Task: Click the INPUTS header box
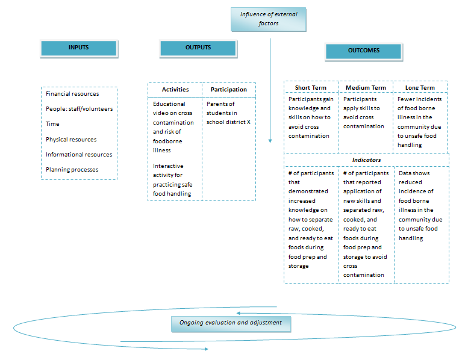(78, 48)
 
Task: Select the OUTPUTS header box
(198, 48)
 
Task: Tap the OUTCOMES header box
(364, 51)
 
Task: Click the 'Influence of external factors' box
(269, 19)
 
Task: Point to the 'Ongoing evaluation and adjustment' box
(231, 323)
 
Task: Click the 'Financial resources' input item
(72, 94)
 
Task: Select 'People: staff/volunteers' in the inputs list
(79, 109)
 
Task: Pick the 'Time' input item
(52, 124)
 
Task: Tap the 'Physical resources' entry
(71, 140)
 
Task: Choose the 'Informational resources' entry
(79, 155)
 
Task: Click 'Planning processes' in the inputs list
(72, 170)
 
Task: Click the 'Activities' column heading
(175, 90)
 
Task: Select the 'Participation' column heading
(229, 90)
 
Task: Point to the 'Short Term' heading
(311, 88)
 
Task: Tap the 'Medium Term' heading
(366, 88)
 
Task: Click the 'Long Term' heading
(420, 88)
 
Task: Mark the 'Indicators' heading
(366, 160)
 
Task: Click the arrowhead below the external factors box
(270, 140)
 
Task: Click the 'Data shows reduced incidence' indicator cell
(420, 205)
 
